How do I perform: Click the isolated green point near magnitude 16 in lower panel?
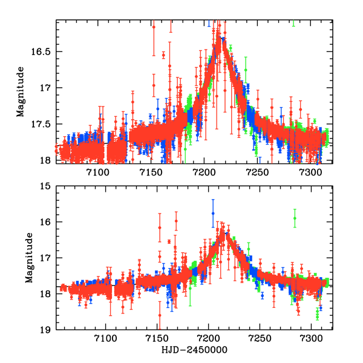click(x=295, y=218)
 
